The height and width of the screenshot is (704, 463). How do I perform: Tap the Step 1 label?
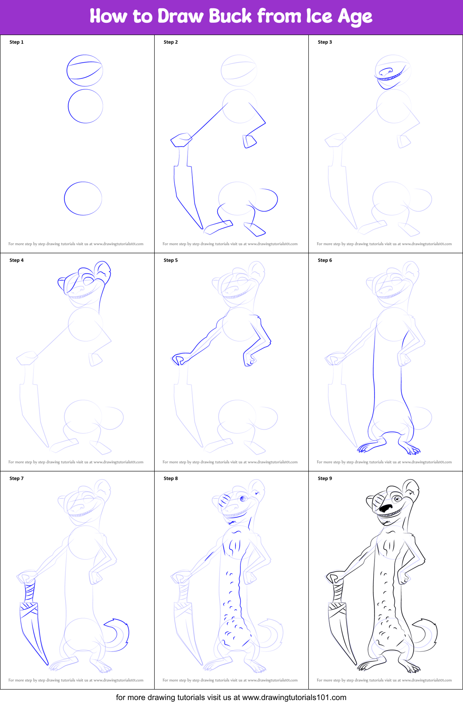[x=17, y=42]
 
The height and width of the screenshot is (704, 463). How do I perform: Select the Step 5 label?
[x=171, y=260]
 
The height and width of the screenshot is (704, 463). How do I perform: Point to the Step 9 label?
[x=325, y=478]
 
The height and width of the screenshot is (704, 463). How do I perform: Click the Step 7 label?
[x=17, y=478]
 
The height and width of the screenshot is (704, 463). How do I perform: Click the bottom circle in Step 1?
[x=83, y=198]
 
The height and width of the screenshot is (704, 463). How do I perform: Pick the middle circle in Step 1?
[x=85, y=106]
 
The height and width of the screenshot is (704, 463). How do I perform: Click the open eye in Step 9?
[x=397, y=499]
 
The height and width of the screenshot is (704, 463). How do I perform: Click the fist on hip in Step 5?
[x=249, y=359]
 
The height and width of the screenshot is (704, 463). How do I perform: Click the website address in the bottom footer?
[x=294, y=697]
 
